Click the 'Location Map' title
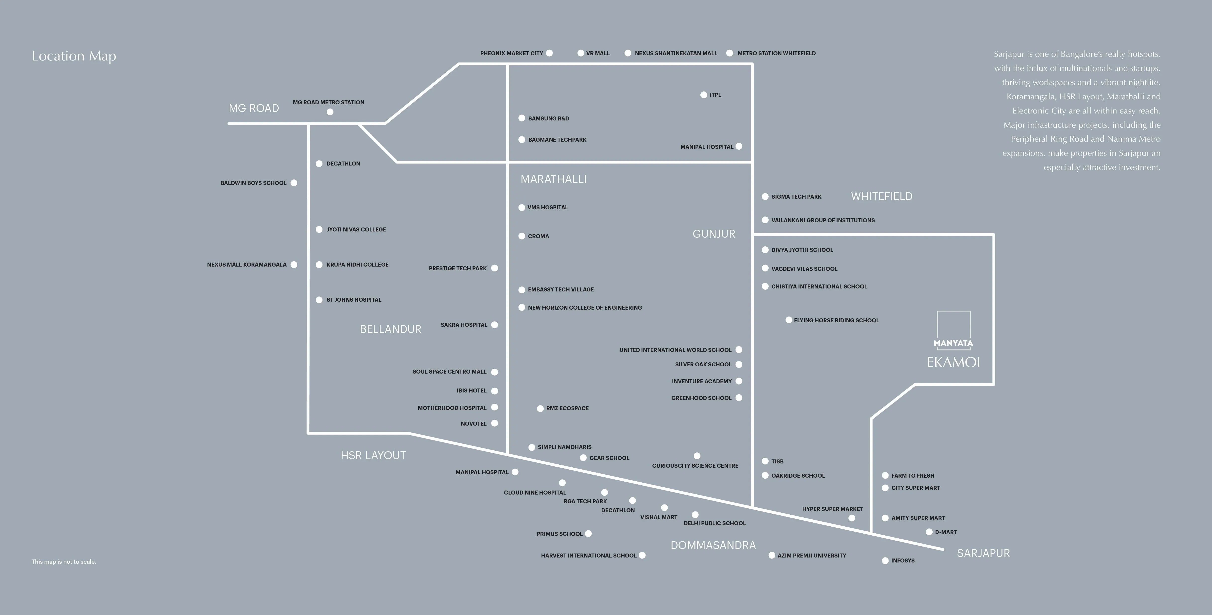click(x=74, y=56)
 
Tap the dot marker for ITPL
click(x=703, y=95)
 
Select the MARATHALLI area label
click(x=553, y=179)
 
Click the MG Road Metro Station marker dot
click(x=330, y=112)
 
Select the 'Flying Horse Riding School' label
click(x=836, y=320)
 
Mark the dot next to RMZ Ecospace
click(x=540, y=408)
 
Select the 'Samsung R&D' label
click(x=549, y=118)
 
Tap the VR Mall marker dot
click(x=580, y=53)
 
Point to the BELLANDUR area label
click(x=390, y=329)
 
